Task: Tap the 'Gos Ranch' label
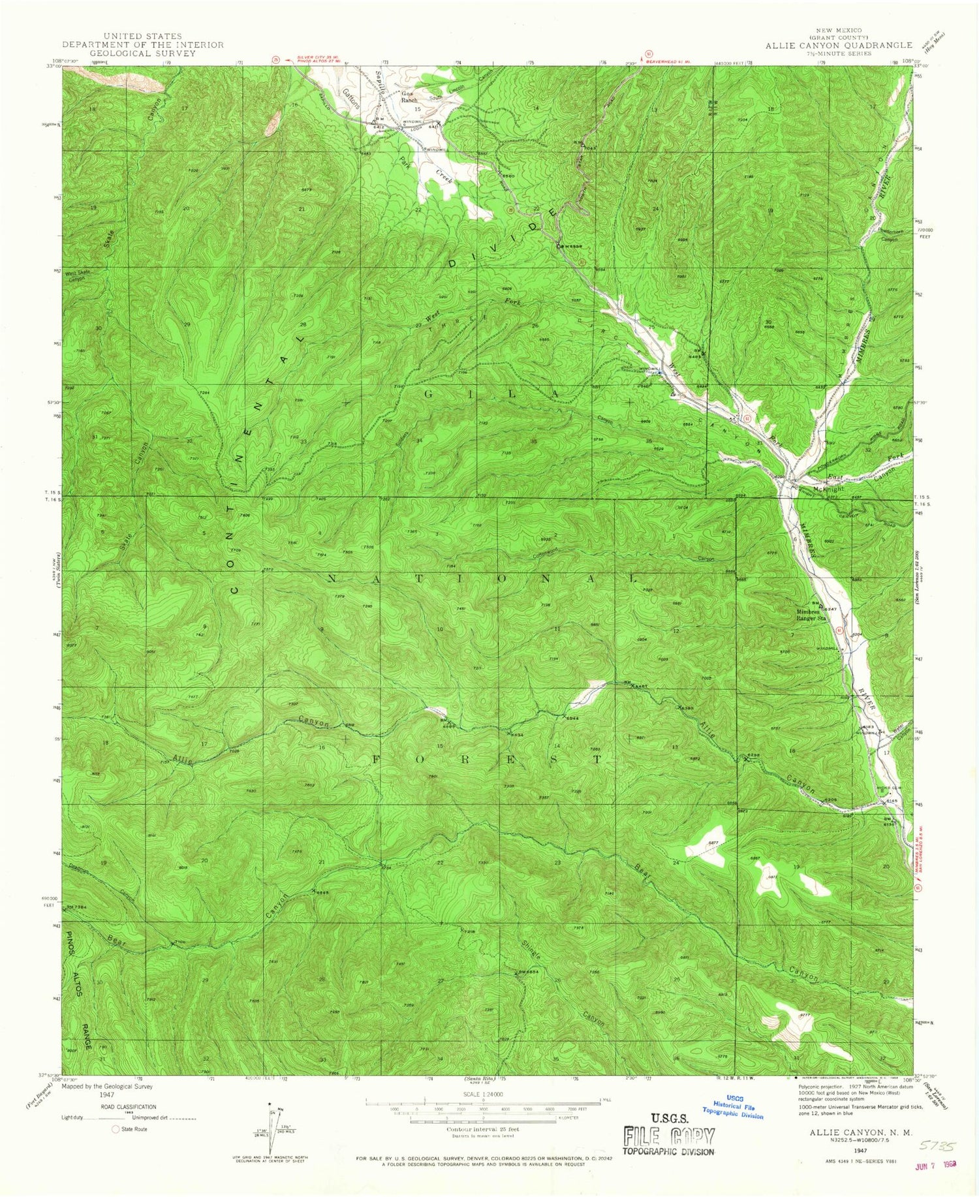(409, 97)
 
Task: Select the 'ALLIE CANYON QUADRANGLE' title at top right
(839, 45)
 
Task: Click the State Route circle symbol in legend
(116, 1129)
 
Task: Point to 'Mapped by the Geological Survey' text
(107, 1087)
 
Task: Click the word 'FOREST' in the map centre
(487, 759)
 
